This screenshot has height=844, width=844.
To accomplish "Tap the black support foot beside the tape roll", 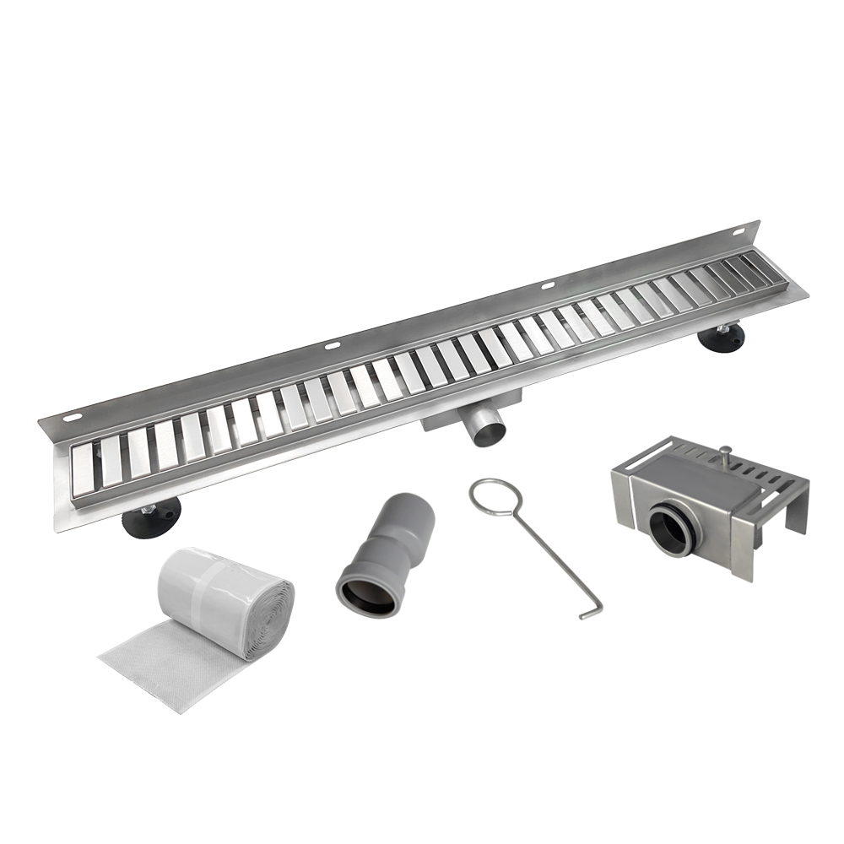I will coord(153,517).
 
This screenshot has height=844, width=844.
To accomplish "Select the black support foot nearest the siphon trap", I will coord(722,335).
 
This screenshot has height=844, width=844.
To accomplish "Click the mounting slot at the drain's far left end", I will coord(73,418).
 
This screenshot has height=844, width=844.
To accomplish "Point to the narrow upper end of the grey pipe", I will coord(412,509).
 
